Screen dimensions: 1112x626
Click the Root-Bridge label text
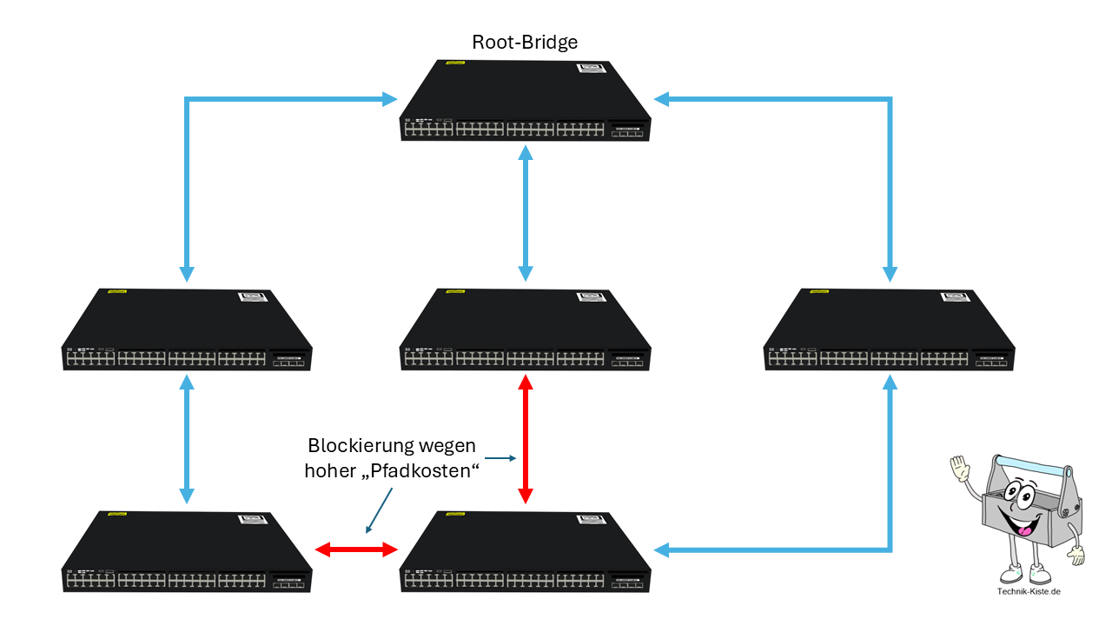click(525, 43)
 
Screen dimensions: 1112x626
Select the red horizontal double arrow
click(356, 549)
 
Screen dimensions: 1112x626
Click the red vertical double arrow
click(526, 439)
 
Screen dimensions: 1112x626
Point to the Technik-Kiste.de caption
click(1029, 591)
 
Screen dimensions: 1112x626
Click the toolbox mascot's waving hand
click(960, 468)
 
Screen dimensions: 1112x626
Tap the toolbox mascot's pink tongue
click(1024, 530)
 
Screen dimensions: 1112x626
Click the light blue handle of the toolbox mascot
click(1033, 464)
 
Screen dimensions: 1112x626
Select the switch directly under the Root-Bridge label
click(526, 101)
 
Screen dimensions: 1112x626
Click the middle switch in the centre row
click(526, 330)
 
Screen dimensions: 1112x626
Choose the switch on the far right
click(889, 330)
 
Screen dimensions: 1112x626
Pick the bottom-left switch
click(187, 552)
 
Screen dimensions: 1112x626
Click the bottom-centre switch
click(526, 552)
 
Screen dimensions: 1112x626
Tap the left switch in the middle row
click(187, 330)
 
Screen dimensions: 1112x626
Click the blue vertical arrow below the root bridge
click(526, 213)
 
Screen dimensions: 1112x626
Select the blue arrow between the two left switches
click(187, 439)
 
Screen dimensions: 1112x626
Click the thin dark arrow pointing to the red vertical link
click(500, 458)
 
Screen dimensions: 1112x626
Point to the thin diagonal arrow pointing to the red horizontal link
click(379, 510)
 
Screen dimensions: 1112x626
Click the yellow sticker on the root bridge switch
click(455, 63)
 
